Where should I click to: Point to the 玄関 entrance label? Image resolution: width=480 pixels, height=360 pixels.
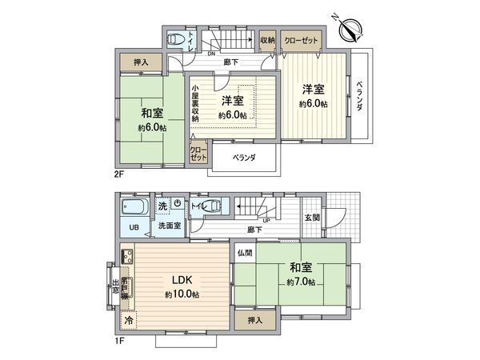312,218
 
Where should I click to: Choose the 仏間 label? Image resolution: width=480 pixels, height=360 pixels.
244,252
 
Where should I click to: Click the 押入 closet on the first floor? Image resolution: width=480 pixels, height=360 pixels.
254,318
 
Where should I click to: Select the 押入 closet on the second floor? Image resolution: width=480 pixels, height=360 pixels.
139,61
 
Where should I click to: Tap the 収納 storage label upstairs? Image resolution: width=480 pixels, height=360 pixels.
268,40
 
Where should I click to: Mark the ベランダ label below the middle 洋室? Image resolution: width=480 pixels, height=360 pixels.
244,158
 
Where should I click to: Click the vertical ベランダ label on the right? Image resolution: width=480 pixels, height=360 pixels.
359,96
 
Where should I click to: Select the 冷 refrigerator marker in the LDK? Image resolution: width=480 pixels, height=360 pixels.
128,319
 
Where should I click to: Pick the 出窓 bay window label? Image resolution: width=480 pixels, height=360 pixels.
116,286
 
